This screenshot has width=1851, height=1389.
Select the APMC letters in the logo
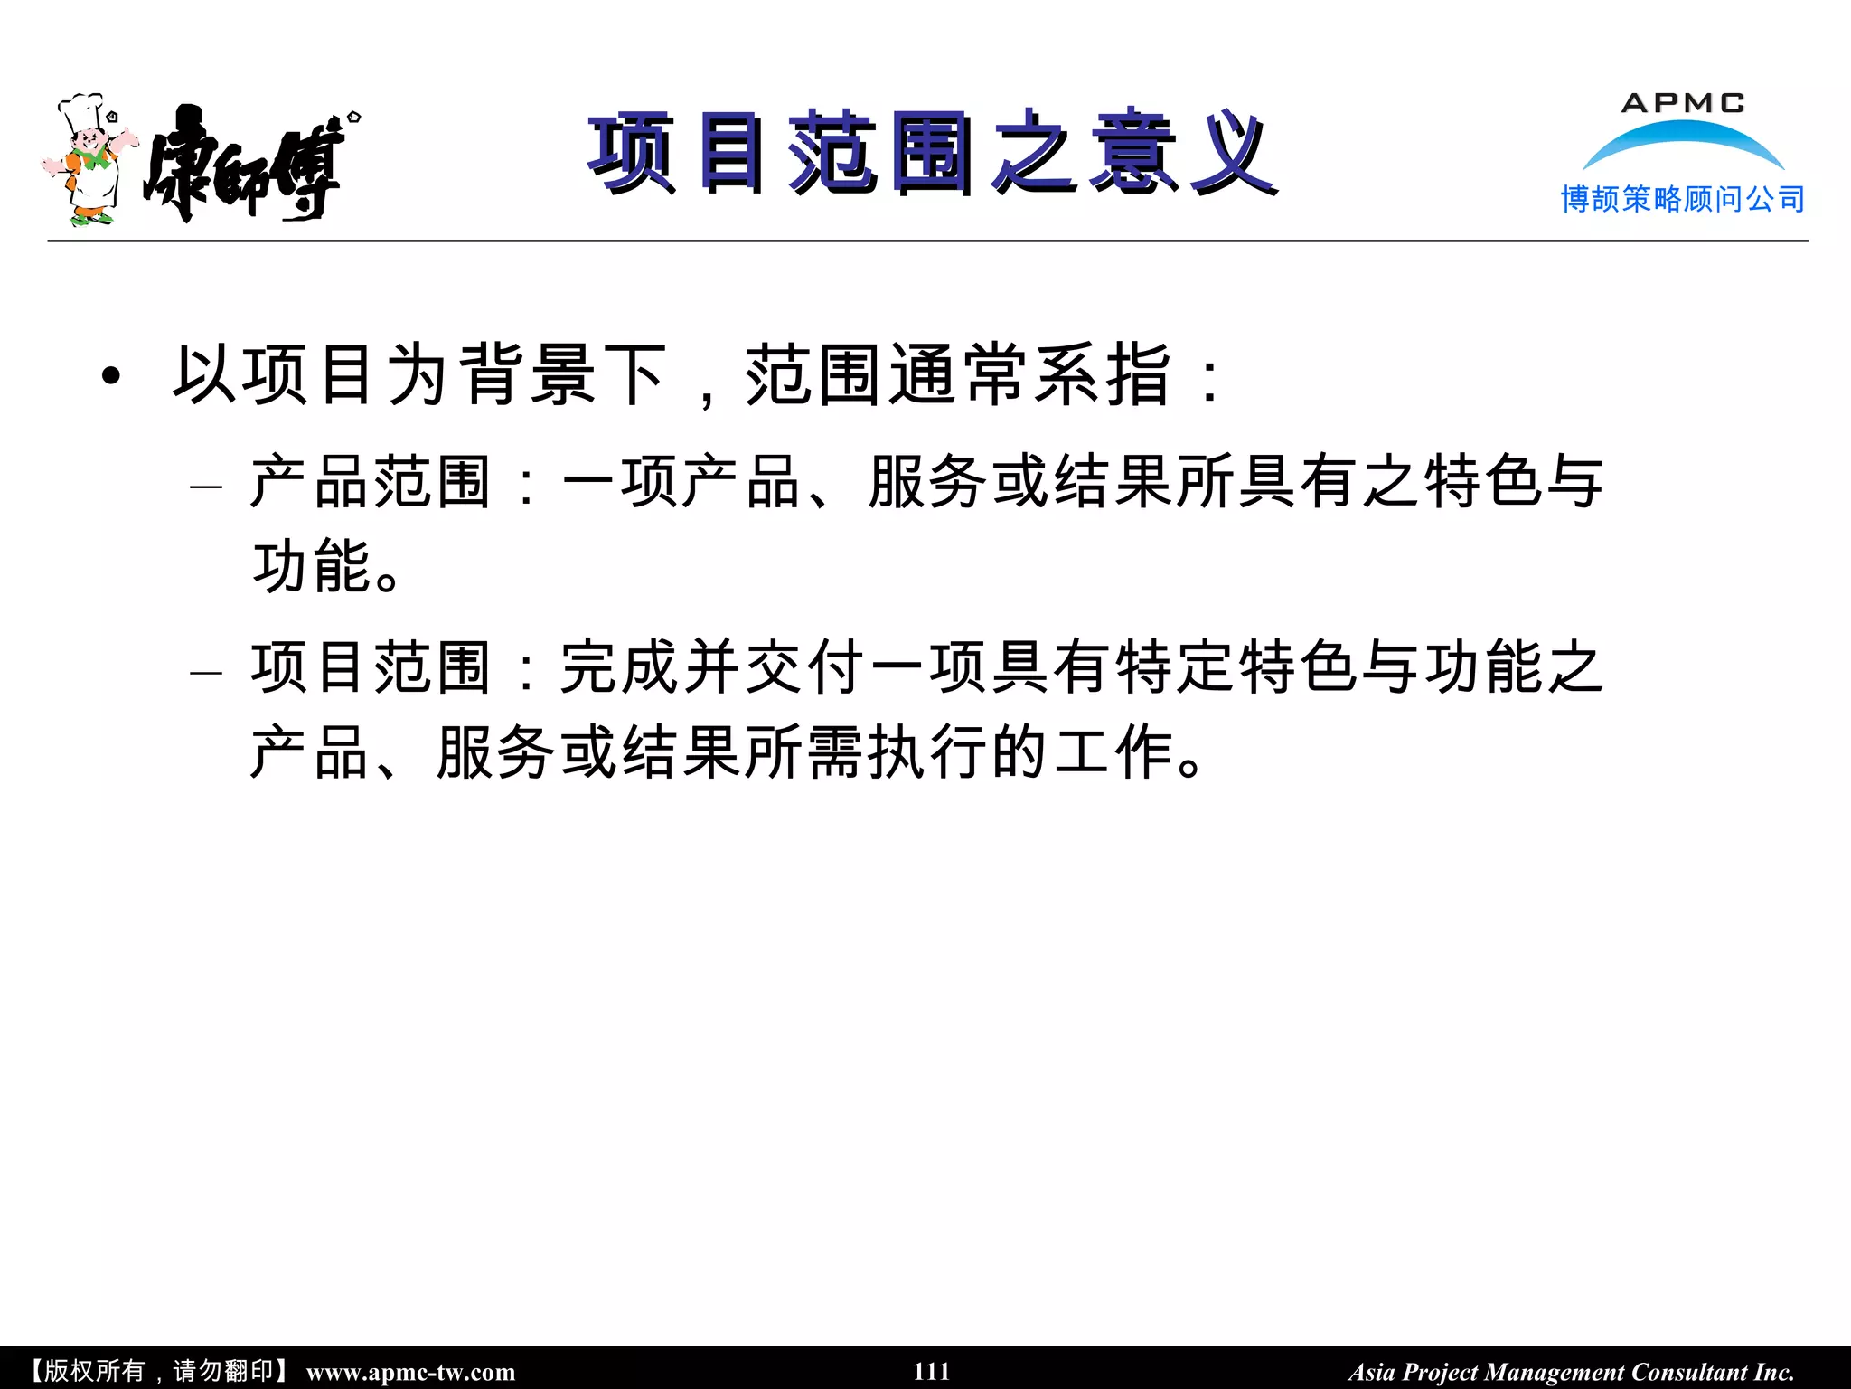click(x=1683, y=103)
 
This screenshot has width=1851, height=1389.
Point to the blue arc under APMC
click(x=1683, y=140)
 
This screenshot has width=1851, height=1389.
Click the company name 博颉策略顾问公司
click(x=1683, y=199)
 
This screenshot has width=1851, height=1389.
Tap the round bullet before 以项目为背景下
click(x=110, y=376)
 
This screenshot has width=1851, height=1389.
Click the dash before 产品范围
click(x=206, y=487)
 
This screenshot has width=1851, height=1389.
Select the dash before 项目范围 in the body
click(x=206, y=672)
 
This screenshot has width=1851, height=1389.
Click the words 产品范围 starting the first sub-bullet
click(x=371, y=482)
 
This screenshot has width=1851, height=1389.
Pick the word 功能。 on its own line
click(x=325, y=567)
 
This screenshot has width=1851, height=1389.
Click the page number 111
click(x=931, y=1371)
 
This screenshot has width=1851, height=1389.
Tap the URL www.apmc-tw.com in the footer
click(x=410, y=1372)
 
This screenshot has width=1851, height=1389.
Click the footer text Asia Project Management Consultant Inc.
click(x=1571, y=1372)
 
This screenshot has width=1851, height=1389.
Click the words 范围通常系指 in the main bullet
click(x=958, y=374)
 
